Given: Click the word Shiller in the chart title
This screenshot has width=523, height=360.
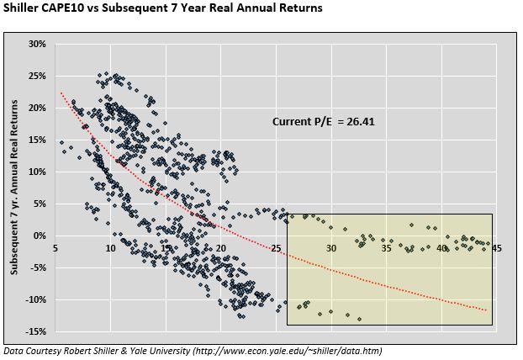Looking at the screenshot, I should [22, 10].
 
